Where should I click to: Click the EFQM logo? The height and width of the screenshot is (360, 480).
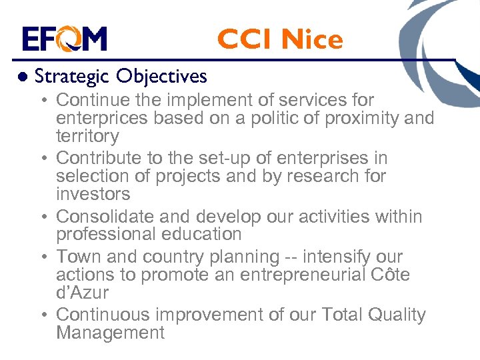64,39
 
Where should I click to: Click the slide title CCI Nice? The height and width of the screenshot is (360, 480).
279,40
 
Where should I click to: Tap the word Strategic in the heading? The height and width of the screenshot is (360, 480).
72,77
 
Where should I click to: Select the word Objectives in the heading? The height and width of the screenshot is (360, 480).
161,77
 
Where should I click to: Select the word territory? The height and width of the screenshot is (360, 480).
87,137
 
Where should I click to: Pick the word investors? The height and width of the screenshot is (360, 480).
93,195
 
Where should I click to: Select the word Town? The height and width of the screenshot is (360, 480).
75,257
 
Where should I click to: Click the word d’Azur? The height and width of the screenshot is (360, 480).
82,293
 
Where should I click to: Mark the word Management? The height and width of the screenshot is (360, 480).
110,333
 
